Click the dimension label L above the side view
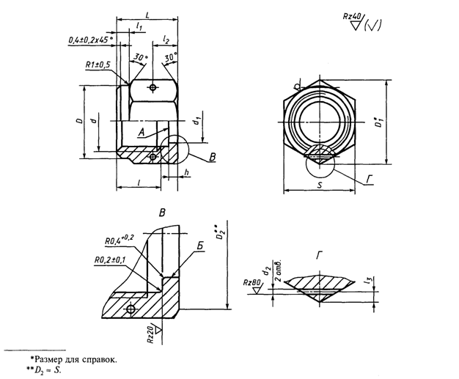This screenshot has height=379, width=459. (149, 12)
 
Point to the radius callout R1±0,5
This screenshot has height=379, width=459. (97, 65)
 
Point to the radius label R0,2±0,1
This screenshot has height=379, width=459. (111, 259)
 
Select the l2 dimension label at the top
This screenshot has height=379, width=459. (166, 37)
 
